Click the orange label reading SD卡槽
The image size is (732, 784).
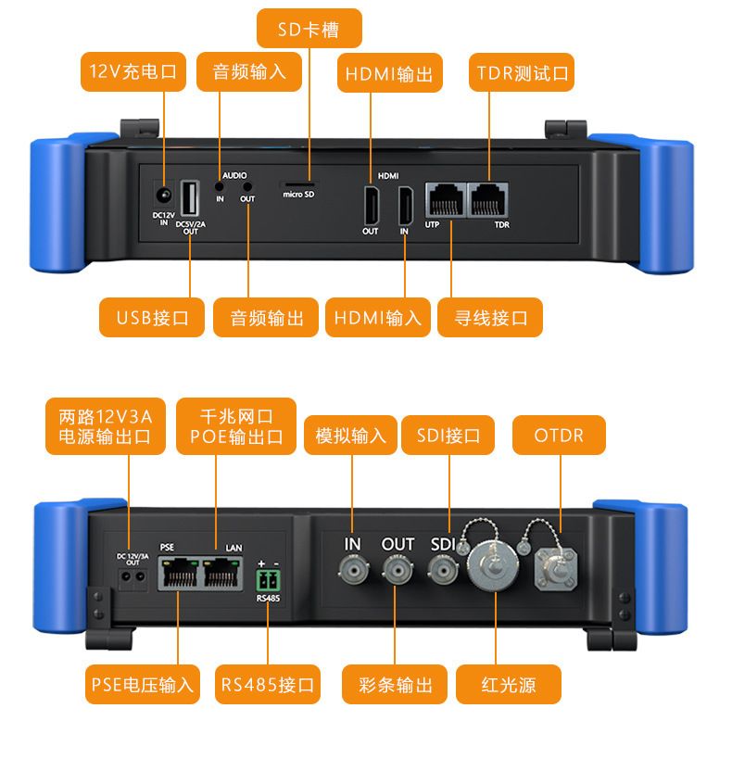(x=309, y=30)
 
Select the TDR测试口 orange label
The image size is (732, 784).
(x=523, y=72)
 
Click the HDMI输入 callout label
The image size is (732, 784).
(x=377, y=318)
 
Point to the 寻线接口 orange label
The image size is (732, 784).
(x=491, y=318)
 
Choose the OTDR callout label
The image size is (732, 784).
(x=559, y=435)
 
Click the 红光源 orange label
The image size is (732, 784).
(x=509, y=686)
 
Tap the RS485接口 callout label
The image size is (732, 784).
(x=268, y=686)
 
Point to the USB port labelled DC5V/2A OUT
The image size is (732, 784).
(x=190, y=199)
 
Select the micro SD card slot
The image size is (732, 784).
(x=297, y=183)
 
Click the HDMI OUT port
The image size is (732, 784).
(x=371, y=205)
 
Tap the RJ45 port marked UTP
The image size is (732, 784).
(x=446, y=198)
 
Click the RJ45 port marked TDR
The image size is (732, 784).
(x=488, y=198)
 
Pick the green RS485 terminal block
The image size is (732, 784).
(x=268, y=580)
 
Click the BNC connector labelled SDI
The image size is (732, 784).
(x=443, y=570)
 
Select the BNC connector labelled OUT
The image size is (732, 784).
(x=398, y=570)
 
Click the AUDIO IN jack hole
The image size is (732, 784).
(x=221, y=186)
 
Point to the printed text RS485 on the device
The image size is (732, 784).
(x=268, y=599)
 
